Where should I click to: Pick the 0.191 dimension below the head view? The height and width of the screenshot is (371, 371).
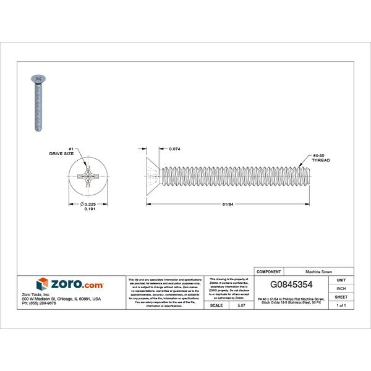[x=90, y=210]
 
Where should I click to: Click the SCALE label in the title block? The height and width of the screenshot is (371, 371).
[x=217, y=305]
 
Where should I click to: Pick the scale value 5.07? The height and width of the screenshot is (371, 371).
[x=240, y=305]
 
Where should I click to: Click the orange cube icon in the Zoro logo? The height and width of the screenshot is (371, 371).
[x=43, y=284]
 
